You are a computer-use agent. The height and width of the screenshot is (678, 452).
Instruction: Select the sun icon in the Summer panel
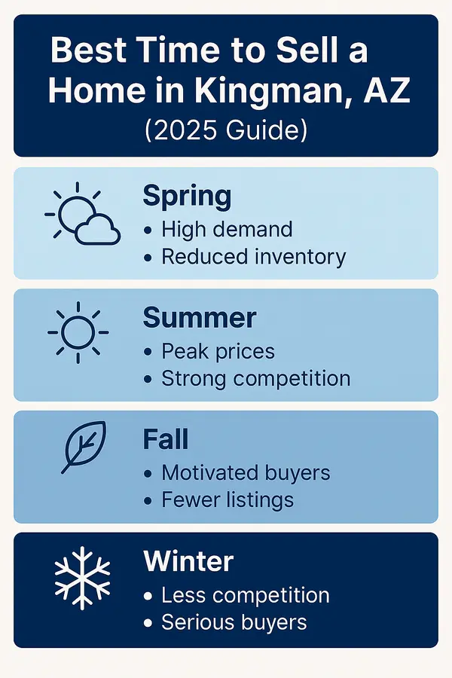pyautogui.click(x=78, y=332)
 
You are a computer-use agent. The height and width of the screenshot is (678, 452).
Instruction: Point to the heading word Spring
pyautogui.click(x=187, y=197)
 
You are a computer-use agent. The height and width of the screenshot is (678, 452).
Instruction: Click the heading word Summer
pyautogui.click(x=200, y=319)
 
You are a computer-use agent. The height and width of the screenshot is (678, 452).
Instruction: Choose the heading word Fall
pyautogui.click(x=165, y=440)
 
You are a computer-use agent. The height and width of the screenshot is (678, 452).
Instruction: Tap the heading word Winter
pyautogui.click(x=188, y=561)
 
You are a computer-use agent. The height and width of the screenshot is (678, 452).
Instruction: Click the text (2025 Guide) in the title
pyautogui.click(x=226, y=130)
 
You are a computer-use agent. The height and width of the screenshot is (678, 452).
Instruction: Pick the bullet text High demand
pyautogui.click(x=227, y=229)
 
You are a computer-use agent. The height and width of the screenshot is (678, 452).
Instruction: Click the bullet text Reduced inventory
pyautogui.click(x=253, y=256)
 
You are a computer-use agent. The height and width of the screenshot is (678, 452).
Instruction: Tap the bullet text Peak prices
pyautogui.click(x=218, y=351)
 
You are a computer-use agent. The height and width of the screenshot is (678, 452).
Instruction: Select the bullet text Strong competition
pyautogui.click(x=256, y=378)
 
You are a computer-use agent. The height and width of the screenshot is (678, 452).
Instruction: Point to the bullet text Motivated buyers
pyautogui.click(x=246, y=473)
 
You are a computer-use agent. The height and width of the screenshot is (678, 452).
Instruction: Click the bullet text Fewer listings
pyautogui.click(x=228, y=499)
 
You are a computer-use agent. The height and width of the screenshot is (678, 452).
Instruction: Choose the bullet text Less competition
pyautogui.click(x=246, y=595)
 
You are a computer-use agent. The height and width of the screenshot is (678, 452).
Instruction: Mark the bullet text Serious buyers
pyautogui.click(x=234, y=622)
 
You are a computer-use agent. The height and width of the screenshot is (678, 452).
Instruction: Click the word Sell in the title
pyautogui.click(x=286, y=51)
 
